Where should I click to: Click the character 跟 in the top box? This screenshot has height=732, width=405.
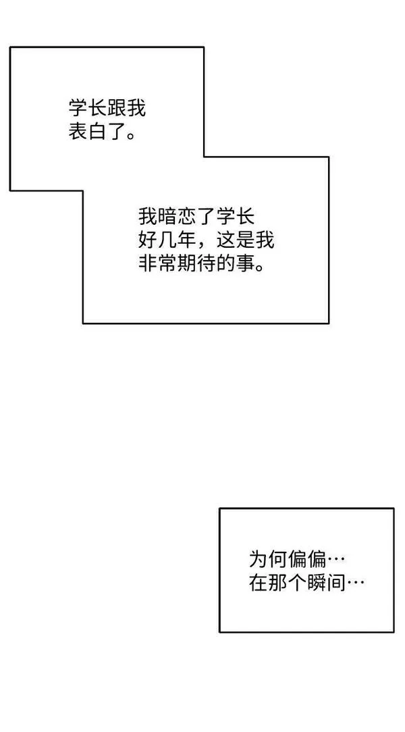click(x=117, y=109)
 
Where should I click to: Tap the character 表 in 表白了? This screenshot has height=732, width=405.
click(x=78, y=132)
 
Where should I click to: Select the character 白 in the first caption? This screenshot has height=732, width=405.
click(x=97, y=132)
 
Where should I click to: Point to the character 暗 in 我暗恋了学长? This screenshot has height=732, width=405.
click(x=167, y=217)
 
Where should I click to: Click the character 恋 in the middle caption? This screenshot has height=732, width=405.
click(x=187, y=217)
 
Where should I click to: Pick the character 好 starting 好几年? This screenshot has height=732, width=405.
click(x=148, y=240)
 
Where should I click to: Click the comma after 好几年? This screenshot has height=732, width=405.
click(x=202, y=246)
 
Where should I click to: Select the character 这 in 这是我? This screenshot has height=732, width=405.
click(x=226, y=240)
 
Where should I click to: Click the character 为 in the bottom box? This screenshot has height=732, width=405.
click(x=259, y=559)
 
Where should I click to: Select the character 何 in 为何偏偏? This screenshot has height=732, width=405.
click(x=278, y=559)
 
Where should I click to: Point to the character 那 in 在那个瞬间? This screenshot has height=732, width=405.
click(x=278, y=582)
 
